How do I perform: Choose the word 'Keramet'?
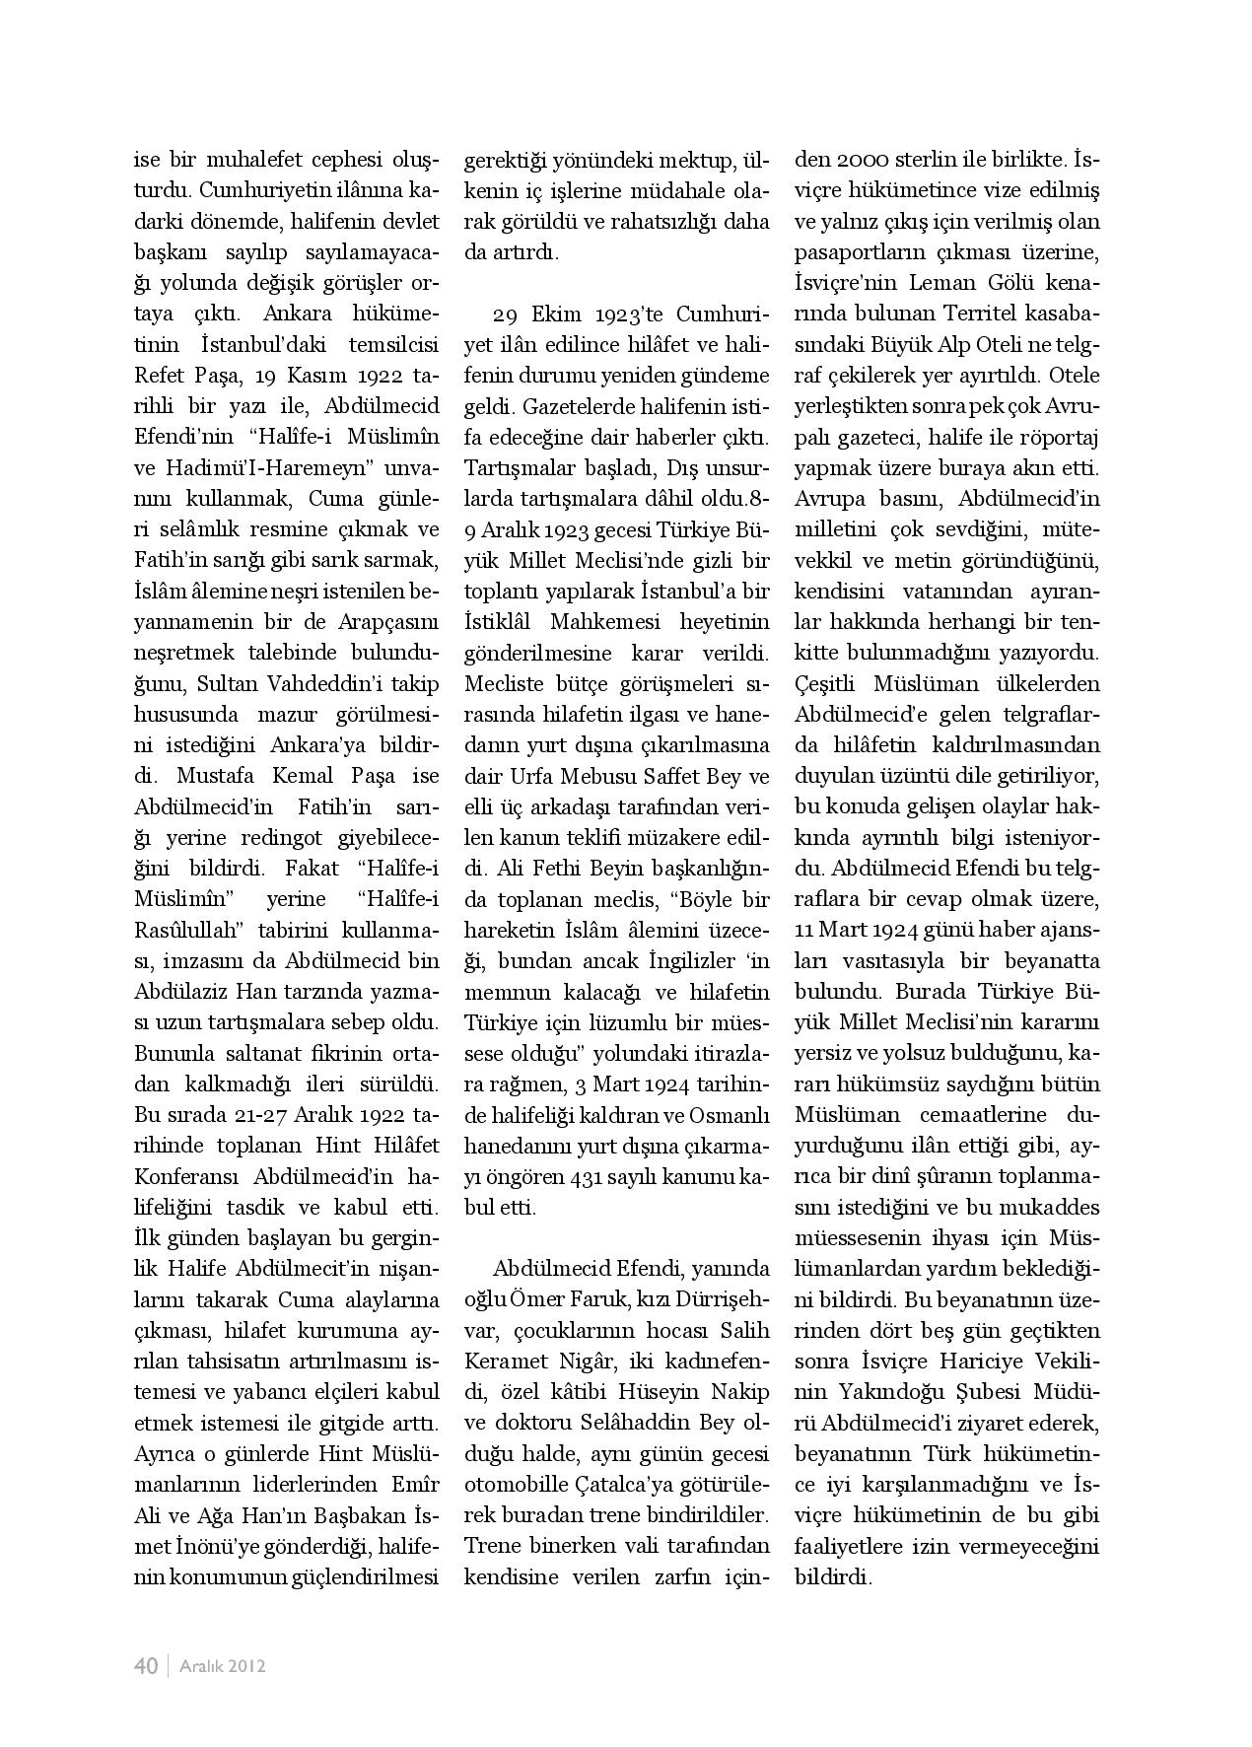[511, 1362]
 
